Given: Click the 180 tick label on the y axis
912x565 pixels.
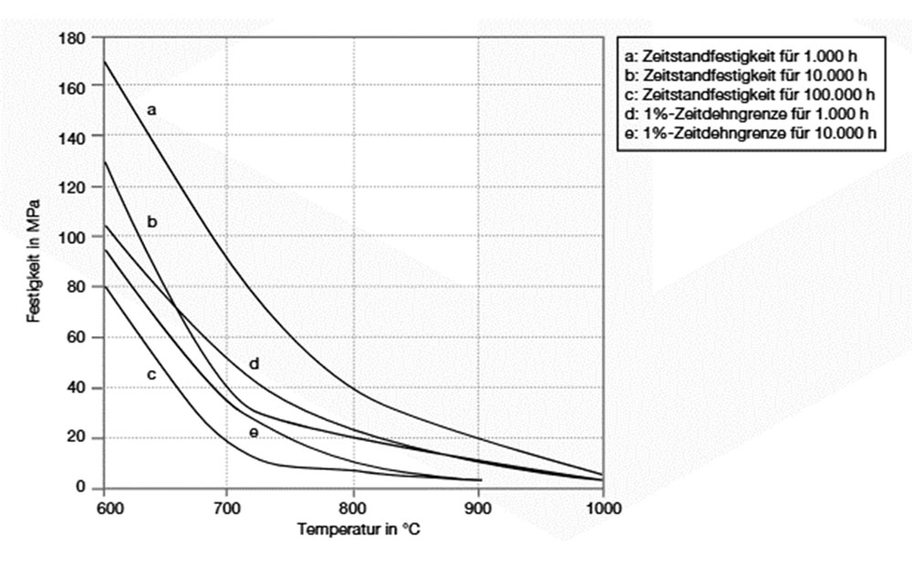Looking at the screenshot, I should pos(74,38).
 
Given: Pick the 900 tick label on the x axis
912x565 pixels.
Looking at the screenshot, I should pos(477,507).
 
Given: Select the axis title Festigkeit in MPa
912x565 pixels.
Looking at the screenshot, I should pos(33,264).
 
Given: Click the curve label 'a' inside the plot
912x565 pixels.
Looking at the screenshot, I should pos(152,109).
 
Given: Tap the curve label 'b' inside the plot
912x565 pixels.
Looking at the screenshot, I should pos(152,221).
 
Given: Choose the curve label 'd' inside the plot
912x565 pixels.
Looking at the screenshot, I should pos(254,365).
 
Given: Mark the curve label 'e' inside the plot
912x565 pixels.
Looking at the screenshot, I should pos(254,431).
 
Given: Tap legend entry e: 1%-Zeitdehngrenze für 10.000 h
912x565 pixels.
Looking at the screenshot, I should pos(747,134).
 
